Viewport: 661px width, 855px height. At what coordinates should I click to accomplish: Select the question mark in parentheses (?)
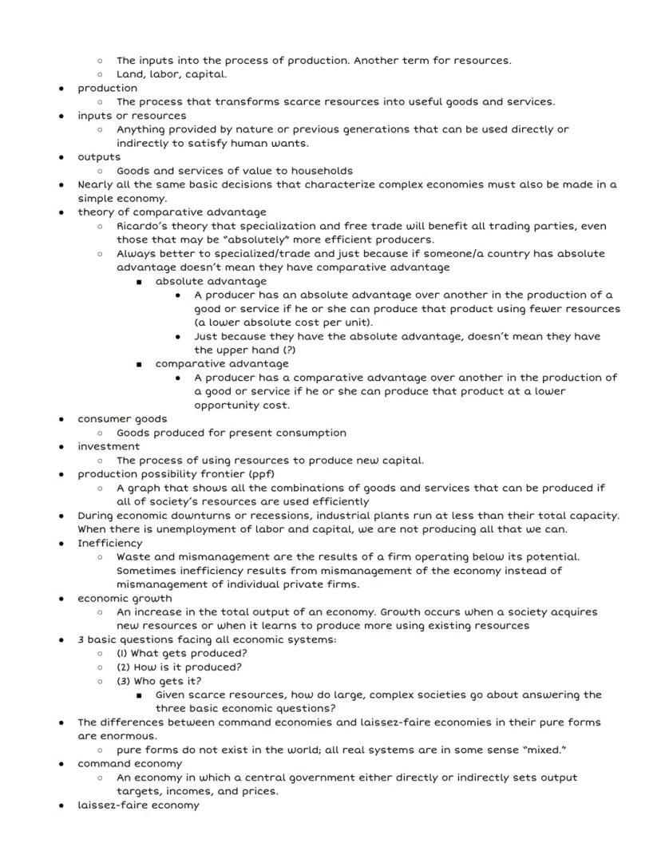pyautogui.click(x=294, y=350)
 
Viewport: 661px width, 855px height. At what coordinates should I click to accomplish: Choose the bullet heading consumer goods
pyautogui.click(x=122, y=419)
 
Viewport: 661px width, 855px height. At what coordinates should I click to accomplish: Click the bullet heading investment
pyautogui.click(x=108, y=446)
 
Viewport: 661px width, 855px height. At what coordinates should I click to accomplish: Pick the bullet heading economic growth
pyautogui.click(x=125, y=598)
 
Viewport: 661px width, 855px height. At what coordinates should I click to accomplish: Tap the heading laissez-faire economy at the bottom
pyautogui.click(x=138, y=806)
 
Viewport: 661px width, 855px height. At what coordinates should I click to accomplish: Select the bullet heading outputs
pyautogui.click(x=99, y=156)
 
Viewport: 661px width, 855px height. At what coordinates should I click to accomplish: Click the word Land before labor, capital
pyautogui.click(x=130, y=74)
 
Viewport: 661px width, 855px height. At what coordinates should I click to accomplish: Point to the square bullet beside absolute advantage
pyautogui.click(x=139, y=282)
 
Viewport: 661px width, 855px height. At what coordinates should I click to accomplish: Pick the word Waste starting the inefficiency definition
pyautogui.click(x=134, y=556)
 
